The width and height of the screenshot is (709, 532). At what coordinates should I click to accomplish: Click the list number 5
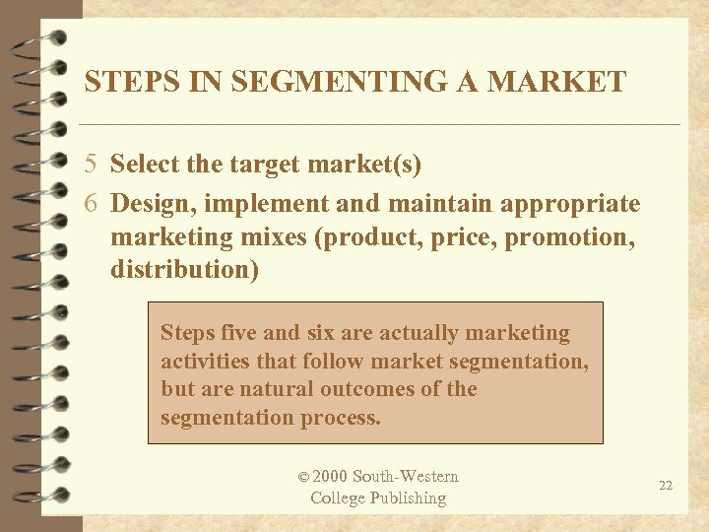[x=91, y=165]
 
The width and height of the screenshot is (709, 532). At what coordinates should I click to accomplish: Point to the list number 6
[x=91, y=204]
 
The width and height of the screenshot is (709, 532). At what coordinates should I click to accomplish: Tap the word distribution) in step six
[x=185, y=269]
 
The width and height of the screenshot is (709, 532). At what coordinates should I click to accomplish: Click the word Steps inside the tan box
[x=187, y=333]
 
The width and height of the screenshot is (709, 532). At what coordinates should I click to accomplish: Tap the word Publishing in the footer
[x=407, y=498]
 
